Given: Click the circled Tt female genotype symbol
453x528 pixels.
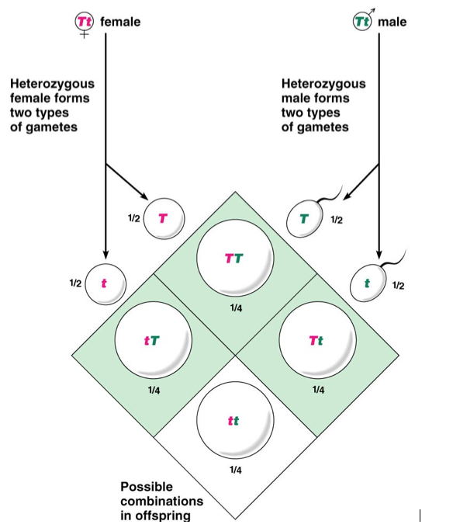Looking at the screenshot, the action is (x=84, y=22).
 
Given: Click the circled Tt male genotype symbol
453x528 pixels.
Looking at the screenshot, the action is (x=362, y=22).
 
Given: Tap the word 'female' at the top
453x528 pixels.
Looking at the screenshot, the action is (x=120, y=22).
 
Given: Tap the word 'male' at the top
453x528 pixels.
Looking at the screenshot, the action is (x=392, y=22).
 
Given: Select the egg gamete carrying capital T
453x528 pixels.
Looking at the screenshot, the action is (x=164, y=218).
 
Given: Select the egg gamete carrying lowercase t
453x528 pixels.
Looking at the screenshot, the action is (x=105, y=284).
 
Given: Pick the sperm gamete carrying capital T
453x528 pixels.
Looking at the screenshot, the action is (x=305, y=219).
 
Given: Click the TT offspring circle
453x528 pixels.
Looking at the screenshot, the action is (x=235, y=259).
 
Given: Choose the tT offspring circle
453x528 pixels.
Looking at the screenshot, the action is (x=154, y=340).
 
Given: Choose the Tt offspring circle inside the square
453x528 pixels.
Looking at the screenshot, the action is (x=317, y=340).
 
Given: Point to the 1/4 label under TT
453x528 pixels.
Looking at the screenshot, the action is (x=236, y=307).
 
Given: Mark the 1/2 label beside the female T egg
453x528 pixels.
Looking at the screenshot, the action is (x=134, y=218).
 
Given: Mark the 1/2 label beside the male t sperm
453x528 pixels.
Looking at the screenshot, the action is (x=398, y=286).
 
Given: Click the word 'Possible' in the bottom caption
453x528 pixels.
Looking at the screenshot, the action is (x=147, y=487).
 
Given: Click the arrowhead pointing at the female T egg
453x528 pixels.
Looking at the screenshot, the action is (x=144, y=196).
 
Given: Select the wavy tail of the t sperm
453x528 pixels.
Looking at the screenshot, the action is (x=394, y=259).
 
